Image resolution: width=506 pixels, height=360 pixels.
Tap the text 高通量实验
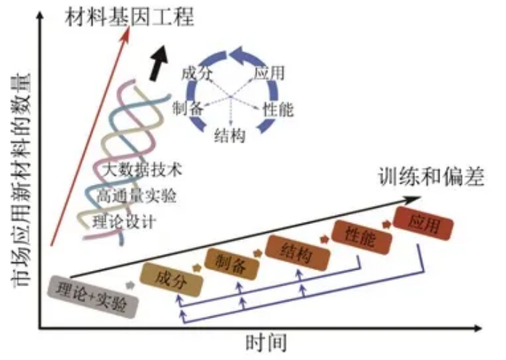[x=137, y=195]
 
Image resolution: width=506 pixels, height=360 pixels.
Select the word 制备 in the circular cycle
[x=187, y=108]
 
